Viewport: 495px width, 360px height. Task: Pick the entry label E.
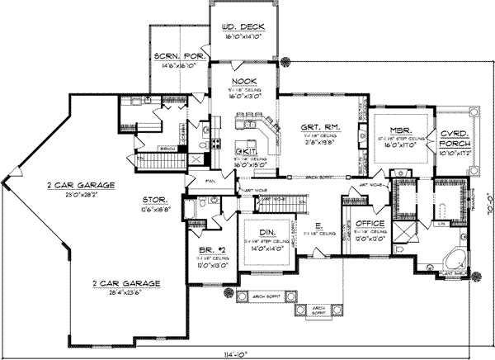[319, 223]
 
